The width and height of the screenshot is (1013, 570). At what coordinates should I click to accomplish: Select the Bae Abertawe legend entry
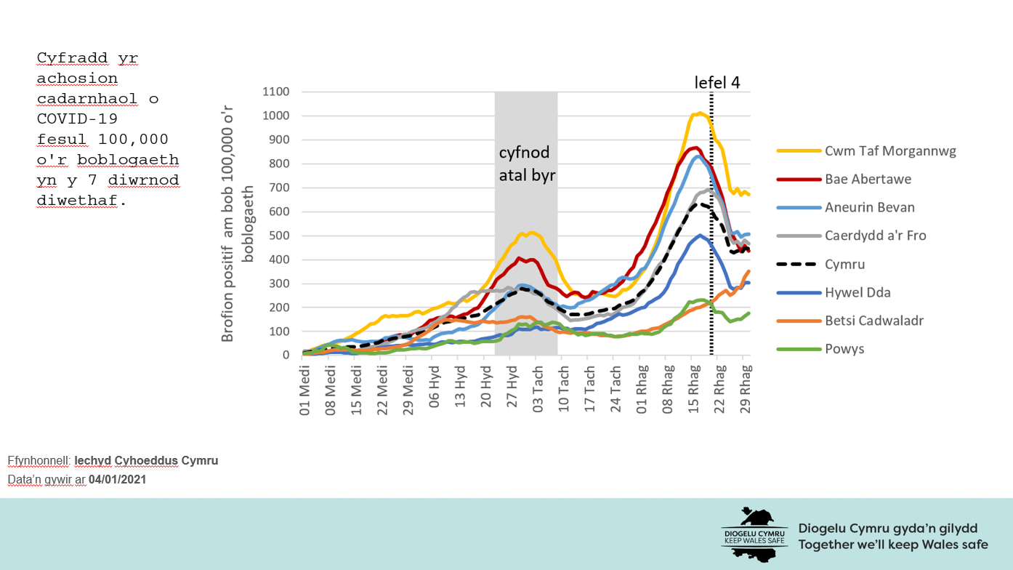pyautogui.click(x=868, y=179)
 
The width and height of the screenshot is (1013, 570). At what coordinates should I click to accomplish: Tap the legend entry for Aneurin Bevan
pyautogui.click(x=869, y=207)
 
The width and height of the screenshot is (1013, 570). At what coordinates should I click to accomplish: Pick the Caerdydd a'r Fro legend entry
pyautogui.click(x=875, y=236)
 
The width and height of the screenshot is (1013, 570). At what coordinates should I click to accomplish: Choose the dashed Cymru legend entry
pyautogui.click(x=844, y=264)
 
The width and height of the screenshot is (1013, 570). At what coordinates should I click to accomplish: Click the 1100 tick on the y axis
pyautogui.click(x=276, y=92)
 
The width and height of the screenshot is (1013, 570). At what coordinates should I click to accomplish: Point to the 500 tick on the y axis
pyautogui.click(x=280, y=236)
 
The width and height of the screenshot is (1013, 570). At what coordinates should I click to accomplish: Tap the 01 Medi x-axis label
pyautogui.click(x=306, y=389)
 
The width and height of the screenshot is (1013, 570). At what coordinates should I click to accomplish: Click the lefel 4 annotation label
pyautogui.click(x=717, y=82)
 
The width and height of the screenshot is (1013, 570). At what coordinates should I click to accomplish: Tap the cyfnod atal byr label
pyautogui.click(x=526, y=164)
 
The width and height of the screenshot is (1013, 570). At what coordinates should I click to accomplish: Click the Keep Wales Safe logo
pyautogui.click(x=754, y=534)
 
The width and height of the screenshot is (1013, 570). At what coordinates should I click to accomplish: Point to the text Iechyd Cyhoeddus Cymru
pyautogui.click(x=146, y=461)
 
